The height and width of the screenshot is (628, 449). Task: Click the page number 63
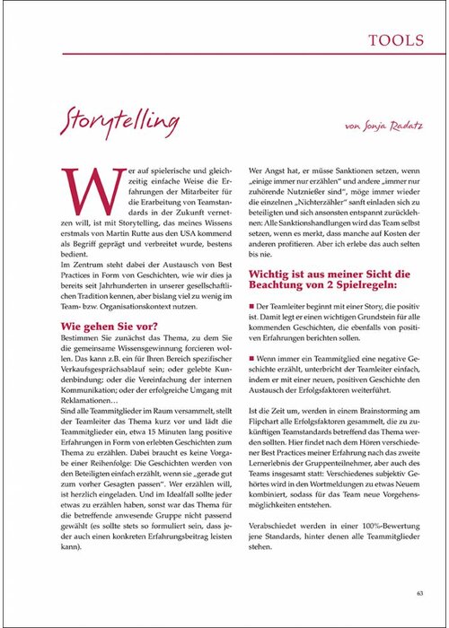point(420,591)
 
